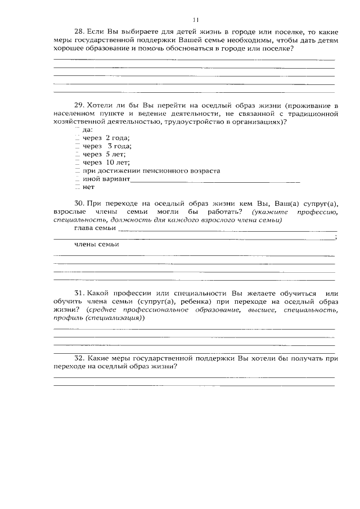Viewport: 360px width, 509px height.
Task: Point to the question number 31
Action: (79, 294)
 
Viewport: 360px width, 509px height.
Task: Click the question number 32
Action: (79, 358)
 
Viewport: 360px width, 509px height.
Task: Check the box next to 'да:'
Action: (77, 130)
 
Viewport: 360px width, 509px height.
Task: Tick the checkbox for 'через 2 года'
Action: (77, 138)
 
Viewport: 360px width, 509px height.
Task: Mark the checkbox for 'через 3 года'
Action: (77, 146)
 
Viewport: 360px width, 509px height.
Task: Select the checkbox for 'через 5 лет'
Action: (77, 154)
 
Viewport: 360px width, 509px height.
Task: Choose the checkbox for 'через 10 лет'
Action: (77, 162)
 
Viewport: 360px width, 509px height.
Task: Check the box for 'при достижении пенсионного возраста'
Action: (77, 170)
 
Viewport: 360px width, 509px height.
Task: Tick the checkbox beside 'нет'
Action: (77, 186)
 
